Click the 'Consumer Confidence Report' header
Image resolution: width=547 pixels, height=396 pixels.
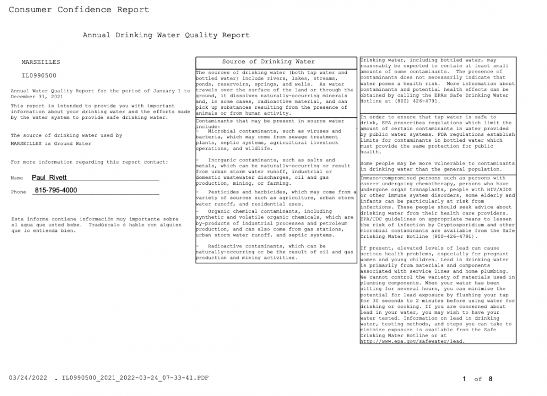tap(79, 10)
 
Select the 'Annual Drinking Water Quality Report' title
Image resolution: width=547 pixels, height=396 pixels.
tap(166, 35)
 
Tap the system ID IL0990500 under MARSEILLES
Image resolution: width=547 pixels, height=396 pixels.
tap(39, 76)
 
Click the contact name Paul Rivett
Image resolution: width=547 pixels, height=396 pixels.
tap(49, 178)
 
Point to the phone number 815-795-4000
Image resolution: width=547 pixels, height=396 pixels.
tap(56, 191)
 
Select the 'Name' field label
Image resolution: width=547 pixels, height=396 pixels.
tap(17, 178)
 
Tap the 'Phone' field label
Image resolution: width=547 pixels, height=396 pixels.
tap(19, 192)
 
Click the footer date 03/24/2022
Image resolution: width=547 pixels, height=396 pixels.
tap(28, 378)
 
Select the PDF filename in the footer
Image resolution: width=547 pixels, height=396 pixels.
tap(135, 378)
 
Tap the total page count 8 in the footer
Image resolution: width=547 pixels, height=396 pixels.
tap(490, 379)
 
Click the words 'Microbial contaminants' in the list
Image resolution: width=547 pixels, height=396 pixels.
tap(237, 131)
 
